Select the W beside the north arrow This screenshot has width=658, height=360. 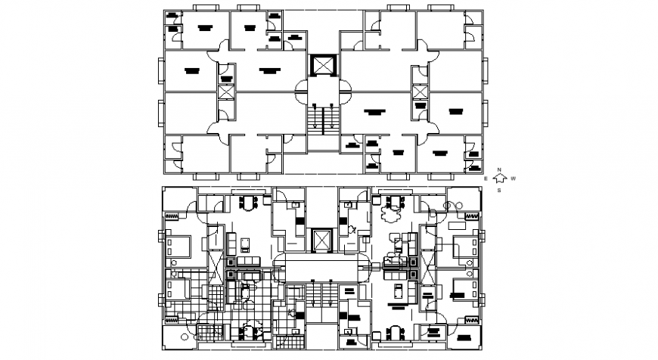pos(513,178)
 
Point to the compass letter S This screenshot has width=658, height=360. pos(500,191)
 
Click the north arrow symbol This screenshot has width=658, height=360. pos(499,179)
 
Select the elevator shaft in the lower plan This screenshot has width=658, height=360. pos(322,241)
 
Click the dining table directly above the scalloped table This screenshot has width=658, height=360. pos(393,201)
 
